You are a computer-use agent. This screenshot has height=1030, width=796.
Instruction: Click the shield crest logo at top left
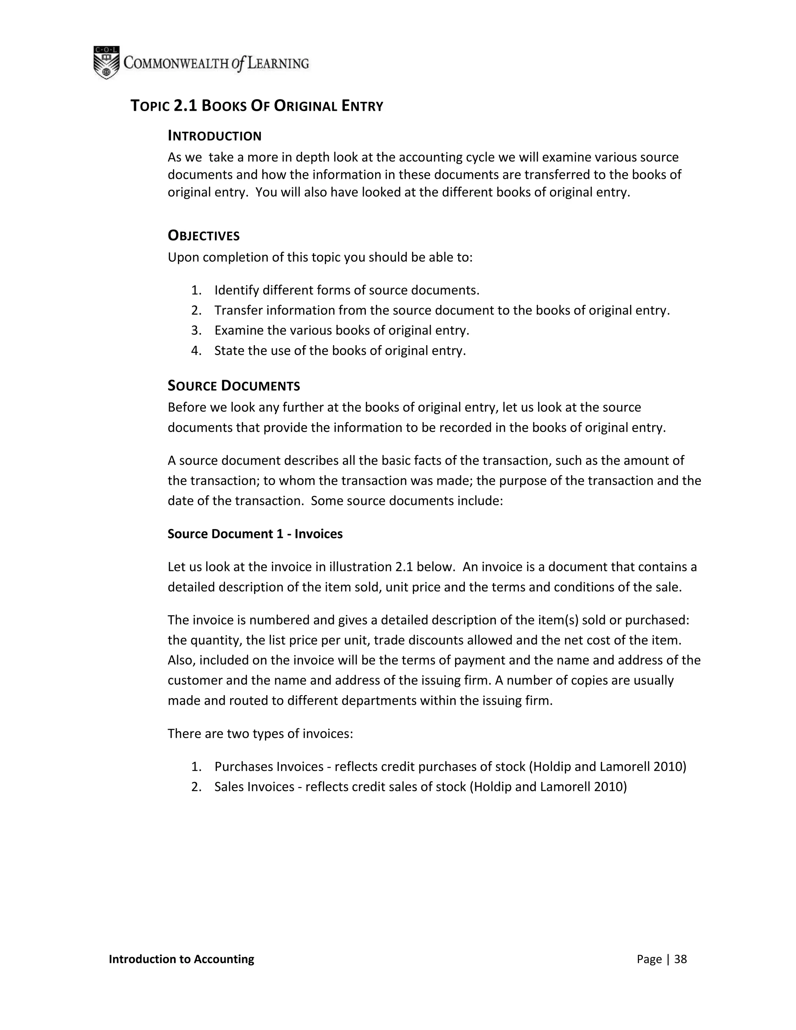pos(106,62)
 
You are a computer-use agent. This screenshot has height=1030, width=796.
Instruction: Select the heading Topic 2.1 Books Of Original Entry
pos(257,106)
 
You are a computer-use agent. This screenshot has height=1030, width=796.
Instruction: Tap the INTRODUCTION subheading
pos(215,136)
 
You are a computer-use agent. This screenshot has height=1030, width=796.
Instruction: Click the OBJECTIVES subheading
pos(204,236)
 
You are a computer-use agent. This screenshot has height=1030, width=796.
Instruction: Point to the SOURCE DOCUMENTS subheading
pos(234,386)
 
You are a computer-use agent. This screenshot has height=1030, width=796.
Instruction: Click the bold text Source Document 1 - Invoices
pos(255,534)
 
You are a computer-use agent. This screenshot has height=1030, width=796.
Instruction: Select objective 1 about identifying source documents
pos(347,290)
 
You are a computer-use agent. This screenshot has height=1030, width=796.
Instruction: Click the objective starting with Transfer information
pos(442,310)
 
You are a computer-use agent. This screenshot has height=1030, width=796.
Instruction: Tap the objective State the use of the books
pos(340,351)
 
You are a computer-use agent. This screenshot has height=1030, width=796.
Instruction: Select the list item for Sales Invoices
pos(421,787)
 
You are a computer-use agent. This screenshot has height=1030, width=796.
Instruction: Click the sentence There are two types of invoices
pos(260,733)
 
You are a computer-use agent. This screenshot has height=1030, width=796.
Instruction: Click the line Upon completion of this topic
pos(320,257)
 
